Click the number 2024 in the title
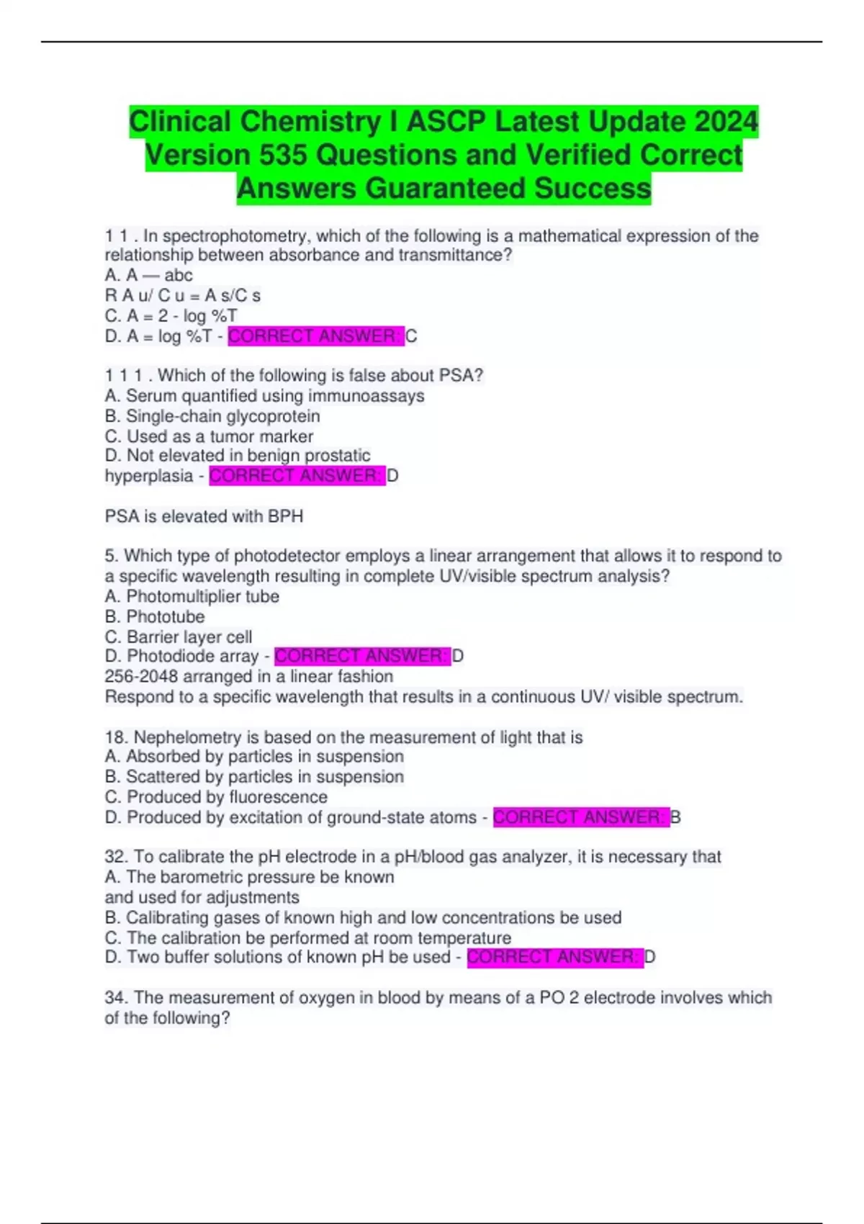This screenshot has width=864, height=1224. pos(726,122)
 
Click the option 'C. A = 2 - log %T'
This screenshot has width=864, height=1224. pos(171,316)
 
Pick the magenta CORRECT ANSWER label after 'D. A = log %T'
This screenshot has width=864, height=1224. pos(315,336)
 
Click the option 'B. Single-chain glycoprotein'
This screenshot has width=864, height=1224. pos(212,416)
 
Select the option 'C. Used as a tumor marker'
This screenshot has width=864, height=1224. pos(209,436)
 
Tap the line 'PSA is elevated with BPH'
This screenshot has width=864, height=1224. pos(204,516)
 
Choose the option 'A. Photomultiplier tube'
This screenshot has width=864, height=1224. pos(192,596)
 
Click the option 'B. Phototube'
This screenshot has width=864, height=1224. pos(154,616)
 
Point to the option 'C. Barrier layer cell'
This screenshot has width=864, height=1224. pos(179,636)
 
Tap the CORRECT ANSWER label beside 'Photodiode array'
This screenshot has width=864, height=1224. pos(361,656)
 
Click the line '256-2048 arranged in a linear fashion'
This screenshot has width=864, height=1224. pos(248,676)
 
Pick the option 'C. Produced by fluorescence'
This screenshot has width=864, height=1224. pos(216,797)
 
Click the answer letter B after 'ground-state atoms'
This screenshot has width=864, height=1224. pos(675,817)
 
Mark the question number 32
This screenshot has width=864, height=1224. pos(115,857)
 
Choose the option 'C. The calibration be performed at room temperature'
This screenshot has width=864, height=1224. pos(307,937)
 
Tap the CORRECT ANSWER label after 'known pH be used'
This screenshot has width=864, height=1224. pos(554,957)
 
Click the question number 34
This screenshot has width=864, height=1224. pos(115,998)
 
